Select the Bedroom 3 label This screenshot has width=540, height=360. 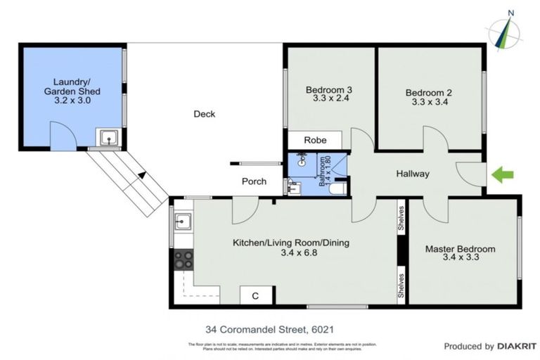coord(328,90)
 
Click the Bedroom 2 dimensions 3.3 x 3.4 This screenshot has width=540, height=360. coord(430,102)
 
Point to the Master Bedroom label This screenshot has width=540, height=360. coord(460,249)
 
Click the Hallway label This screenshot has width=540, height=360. coord(412,174)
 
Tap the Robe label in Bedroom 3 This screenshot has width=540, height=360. coord(315,141)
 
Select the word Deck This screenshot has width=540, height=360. coord(204,114)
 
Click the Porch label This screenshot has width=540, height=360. coord(254,181)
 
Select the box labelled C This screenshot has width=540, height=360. coord(255,296)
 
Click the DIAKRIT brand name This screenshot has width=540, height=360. coord(517,347)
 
